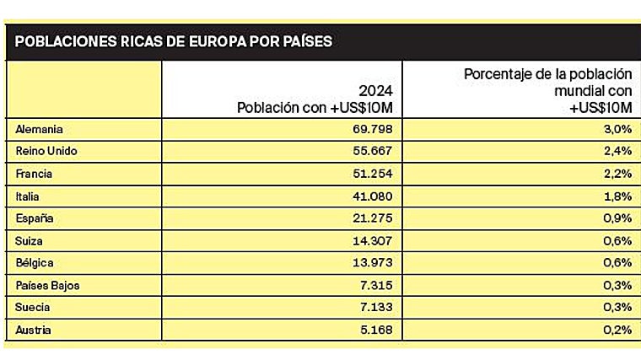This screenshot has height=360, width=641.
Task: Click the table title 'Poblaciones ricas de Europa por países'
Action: click(x=174, y=41)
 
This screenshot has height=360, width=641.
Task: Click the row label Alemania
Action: click(x=40, y=130)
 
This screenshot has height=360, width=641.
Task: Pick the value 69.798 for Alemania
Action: click(x=371, y=130)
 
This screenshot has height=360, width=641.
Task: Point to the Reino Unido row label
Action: click(x=47, y=152)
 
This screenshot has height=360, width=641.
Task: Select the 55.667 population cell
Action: click(x=371, y=152)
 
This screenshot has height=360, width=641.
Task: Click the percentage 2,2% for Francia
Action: click(x=617, y=175)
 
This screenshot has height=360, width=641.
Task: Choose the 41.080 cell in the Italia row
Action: click(x=371, y=196)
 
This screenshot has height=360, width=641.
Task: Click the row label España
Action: click(x=35, y=218)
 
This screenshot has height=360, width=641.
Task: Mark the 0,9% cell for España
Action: click(x=617, y=218)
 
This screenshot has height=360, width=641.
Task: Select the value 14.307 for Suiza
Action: click(x=371, y=241)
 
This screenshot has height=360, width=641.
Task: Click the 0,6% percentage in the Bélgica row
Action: click(x=617, y=263)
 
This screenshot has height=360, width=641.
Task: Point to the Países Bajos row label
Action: click(x=48, y=286)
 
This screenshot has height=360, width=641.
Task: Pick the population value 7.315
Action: click(x=375, y=286)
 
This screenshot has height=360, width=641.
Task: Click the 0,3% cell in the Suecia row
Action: click(x=617, y=308)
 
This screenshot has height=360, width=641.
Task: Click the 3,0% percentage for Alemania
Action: click(x=617, y=130)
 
